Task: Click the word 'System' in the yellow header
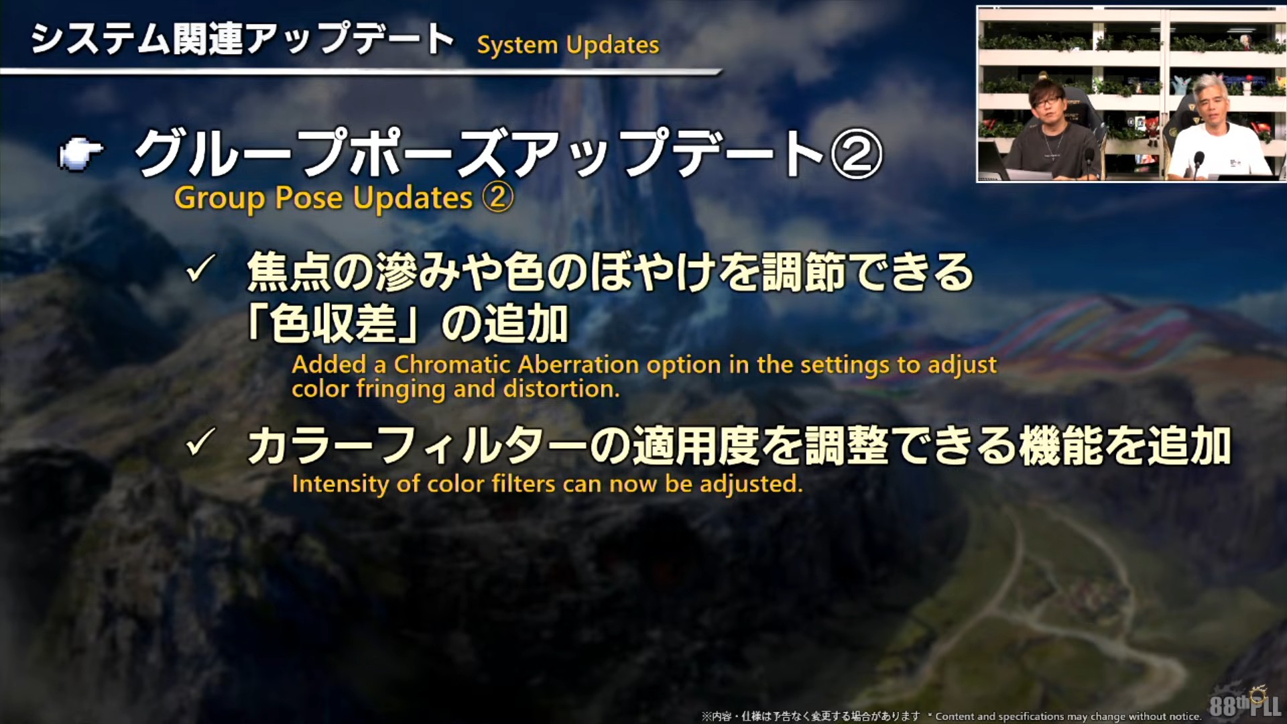(x=517, y=46)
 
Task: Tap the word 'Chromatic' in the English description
(x=452, y=365)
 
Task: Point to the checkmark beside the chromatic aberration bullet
(x=200, y=269)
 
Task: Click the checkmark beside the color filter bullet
(x=200, y=442)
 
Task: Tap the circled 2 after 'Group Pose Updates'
(x=497, y=198)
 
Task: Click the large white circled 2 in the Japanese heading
(x=856, y=154)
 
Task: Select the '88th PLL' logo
(x=1245, y=704)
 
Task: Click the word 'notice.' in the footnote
(x=1182, y=717)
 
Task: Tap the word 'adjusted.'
(x=751, y=484)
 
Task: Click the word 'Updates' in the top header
(x=613, y=46)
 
